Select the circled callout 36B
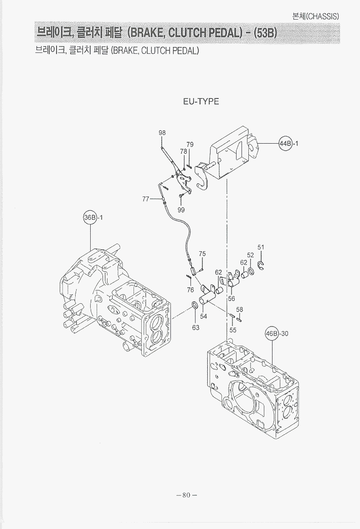pyautogui.click(x=90, y=217)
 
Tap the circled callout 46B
pyautogui.click(x=272, y=333)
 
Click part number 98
pyautogui.click(x=162, y=133)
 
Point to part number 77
pyautogui.click(x=146, y=198)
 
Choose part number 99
pyautogui.click(x=181, y=210)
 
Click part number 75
pyautogui.click(x=202, y=254)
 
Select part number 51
pyautogui.click(x=261, y=247)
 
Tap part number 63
pyautogui.click(x=195, y=327)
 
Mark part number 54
pyautogui.click(x=203, y=316)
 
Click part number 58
pyautogui.click(x=240, y=310)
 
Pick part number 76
pyautogui.click(x=190, y=290)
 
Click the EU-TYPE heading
pyautogui.click(x=201, y=101)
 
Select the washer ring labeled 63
pyautogui.click(x=194, y=305)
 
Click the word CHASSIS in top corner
pyautogui.click(x=323, y=16)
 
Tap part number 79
pyautogui.click(x=190, y=144)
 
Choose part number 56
pyautogui.click(x=231, y=299)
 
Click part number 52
pyautogui.click(x=251, y=255)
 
